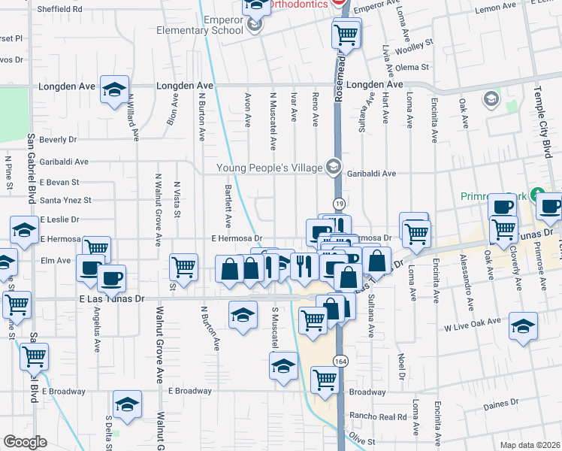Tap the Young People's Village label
point(268,167)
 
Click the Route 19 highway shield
point(340,204)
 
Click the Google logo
point(25,442)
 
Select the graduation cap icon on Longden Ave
point(113,91)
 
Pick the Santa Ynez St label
point(65,201)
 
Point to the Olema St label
point(412,67)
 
